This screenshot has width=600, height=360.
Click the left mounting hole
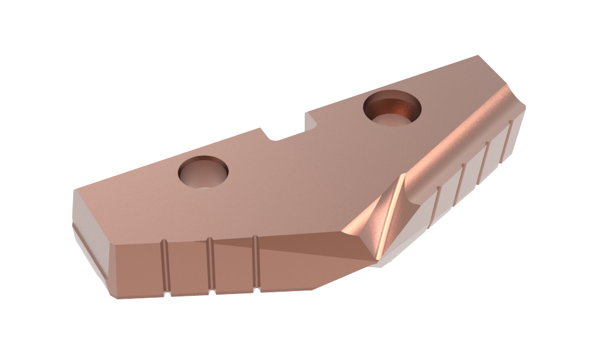point(204,172)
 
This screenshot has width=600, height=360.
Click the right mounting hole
point(392,109)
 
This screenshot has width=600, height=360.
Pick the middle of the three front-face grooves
point(211,265)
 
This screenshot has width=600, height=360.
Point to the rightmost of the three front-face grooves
point(256,263)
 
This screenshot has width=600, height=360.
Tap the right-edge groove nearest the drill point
point(439,207)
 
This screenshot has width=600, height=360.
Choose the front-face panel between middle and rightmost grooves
point(234,264)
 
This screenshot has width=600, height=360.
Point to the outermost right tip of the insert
point(526,108)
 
